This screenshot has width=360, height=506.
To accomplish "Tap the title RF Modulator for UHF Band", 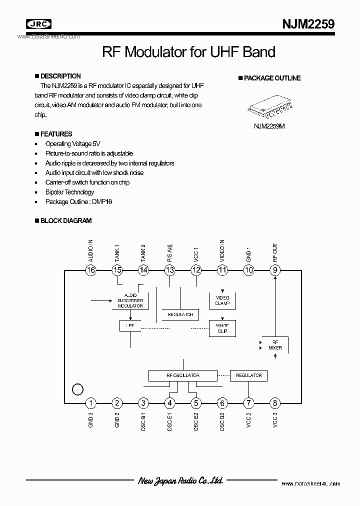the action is click(188, 52).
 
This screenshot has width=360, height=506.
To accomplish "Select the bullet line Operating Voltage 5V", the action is click(72, 144).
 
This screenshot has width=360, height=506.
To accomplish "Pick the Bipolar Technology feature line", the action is click(69, 192).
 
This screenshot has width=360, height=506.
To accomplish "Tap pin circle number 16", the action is click(90, 270).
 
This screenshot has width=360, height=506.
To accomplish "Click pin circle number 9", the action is click(275, 270).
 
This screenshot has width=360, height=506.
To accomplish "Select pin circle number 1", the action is click(90, 403).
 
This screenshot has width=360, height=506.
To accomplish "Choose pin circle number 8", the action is click(275, 403).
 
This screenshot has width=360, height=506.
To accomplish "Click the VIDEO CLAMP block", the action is click(222, 300).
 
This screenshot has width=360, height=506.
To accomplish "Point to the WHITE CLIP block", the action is click(222, 328).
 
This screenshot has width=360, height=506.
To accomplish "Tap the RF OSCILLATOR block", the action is click(182, 375).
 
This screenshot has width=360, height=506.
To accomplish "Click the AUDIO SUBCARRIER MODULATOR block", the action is click(130, 300).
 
